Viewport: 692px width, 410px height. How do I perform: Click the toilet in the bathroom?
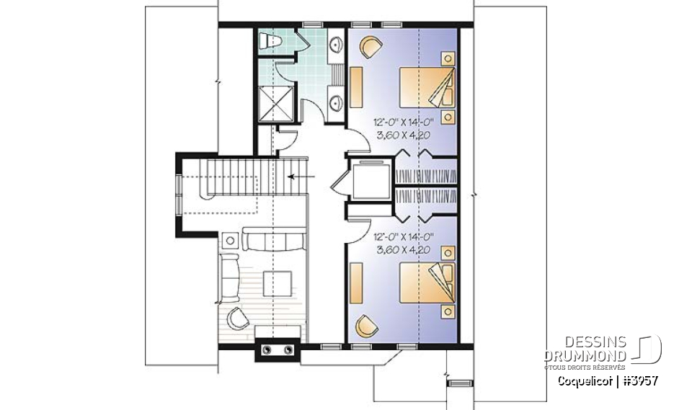pos(270,41)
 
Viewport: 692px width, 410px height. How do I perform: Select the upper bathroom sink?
pos(336,48)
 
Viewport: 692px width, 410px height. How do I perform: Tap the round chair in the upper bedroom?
pos(369,47)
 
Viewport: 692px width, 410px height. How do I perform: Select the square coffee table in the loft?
pos(277,281)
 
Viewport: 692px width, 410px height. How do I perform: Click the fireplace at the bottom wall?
pos(278,349)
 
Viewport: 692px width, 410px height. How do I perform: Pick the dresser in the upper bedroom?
pos(356,88)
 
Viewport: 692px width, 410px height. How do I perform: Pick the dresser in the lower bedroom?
pos(356,283)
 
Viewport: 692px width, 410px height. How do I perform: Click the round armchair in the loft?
pos(238,318)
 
